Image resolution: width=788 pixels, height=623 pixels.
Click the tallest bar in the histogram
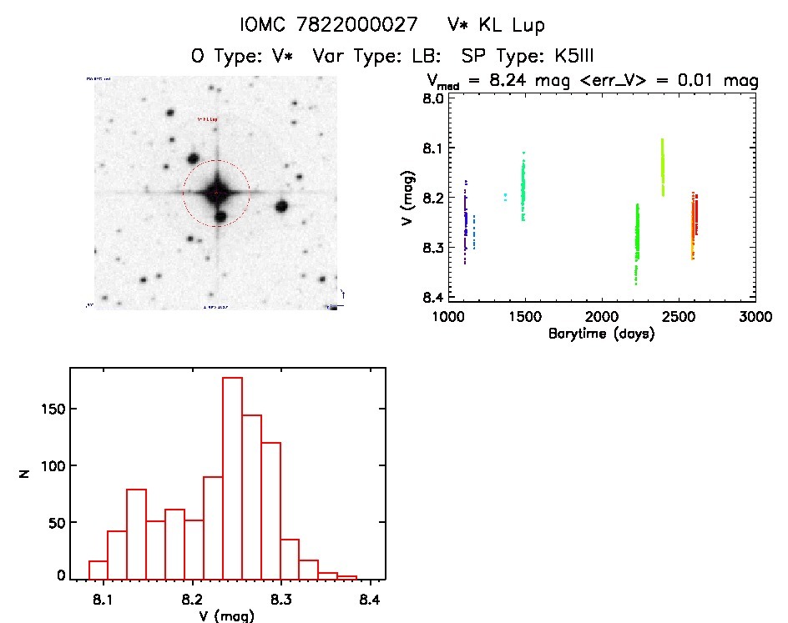[233, 478]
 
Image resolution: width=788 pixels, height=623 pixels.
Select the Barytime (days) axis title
[601, 334]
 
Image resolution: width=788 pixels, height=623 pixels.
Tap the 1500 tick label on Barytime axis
[524, 317]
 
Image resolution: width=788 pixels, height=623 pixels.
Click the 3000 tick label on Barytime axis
[755, 317]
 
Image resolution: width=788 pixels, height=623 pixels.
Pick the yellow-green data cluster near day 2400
[663, 167]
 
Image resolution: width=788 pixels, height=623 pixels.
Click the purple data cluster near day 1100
[465, 221]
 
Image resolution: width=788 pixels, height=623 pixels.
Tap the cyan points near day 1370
[505, 198]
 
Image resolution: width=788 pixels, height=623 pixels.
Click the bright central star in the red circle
[216, 193]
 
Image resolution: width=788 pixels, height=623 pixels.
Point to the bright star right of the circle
[281, 206]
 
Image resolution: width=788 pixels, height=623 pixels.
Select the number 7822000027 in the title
[357, 26]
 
